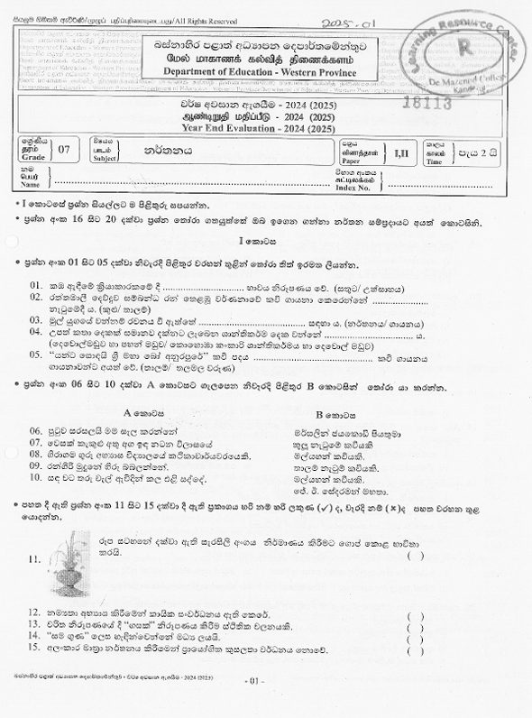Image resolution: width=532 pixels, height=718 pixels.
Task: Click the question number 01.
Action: pos(37,285)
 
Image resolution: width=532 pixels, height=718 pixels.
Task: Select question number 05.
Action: pos(37,354)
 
